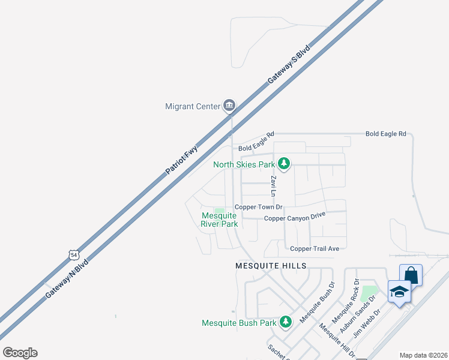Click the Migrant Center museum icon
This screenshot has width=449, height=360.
(229, 106)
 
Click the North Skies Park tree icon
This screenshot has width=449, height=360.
(284, 164)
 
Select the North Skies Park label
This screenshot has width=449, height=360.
(244, 164)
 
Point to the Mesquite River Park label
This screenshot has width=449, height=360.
(220, 220)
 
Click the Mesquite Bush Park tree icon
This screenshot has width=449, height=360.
(285, 322)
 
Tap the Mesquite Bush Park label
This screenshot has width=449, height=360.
(239, 323)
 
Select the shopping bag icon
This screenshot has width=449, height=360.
(411, 275)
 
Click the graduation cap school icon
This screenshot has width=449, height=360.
(399, 292)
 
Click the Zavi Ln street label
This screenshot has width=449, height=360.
(273, 186)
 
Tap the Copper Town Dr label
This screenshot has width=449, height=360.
(258, 207)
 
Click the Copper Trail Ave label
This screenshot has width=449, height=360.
(315, 248)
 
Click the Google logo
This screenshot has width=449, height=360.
(20, 353)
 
